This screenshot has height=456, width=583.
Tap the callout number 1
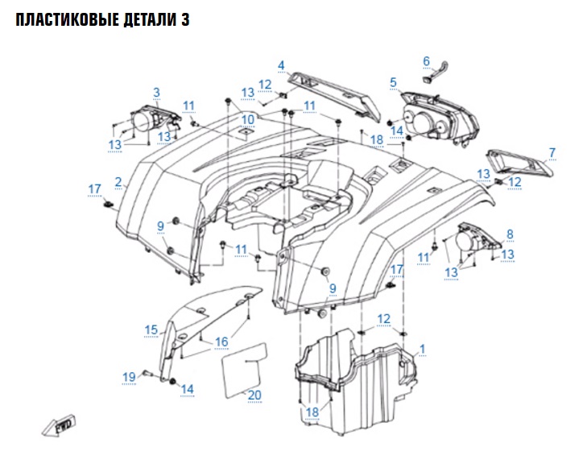424,350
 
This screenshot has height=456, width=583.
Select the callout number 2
118,183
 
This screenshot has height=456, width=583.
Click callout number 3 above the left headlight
156,93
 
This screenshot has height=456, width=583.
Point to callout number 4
281,65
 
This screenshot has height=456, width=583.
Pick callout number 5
393,82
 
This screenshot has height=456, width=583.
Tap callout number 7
552,152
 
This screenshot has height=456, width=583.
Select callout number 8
509,234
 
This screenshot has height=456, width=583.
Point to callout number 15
151,330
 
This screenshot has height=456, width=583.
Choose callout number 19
129,377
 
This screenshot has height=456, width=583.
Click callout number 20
255,395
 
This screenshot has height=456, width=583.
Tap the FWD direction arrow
60,424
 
